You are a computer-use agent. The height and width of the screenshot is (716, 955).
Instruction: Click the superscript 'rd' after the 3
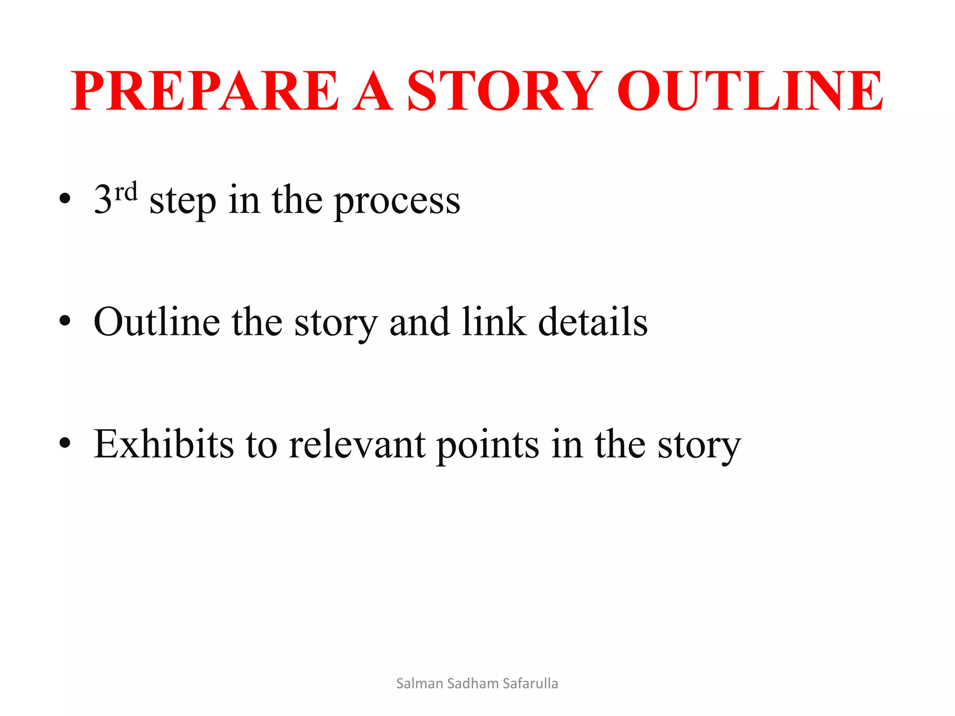tap(126, 192)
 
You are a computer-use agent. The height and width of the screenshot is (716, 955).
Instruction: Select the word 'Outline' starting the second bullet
tap(157, 322)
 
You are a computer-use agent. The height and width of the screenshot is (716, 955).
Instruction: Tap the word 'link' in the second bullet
tap(494, 322)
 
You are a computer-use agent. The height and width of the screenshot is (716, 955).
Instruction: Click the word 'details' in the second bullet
tap(593, 322)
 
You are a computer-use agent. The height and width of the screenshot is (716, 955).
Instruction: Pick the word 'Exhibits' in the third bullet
tap(164, 444)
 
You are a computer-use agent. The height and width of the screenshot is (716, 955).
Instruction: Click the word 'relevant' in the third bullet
tap(357, 444)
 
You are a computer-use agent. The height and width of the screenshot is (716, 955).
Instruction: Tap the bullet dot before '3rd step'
tap(65, 199)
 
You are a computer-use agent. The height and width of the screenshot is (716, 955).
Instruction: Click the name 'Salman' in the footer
tap(419, 683)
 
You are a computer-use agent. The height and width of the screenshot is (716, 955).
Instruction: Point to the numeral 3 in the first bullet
tap(103, 200)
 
